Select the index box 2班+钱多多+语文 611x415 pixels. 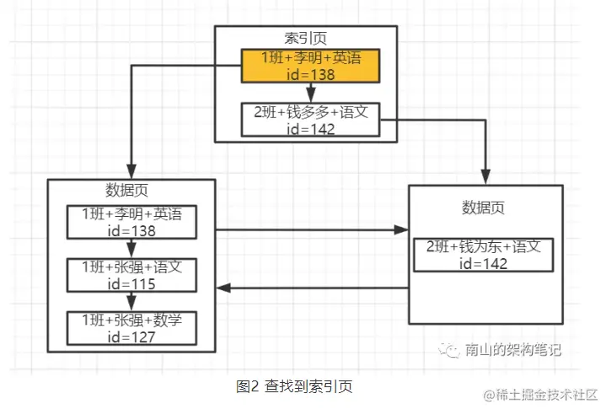(x=310, y=119)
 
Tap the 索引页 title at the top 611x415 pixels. (x=305, y=38)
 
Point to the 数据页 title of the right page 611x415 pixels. (x=483, y=207)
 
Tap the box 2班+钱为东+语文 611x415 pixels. (x=483, y=255)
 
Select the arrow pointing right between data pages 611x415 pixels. (x=312, y=229)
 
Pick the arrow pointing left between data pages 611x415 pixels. (x=312, y=288)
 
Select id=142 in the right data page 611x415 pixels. (x=483, y=263)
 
